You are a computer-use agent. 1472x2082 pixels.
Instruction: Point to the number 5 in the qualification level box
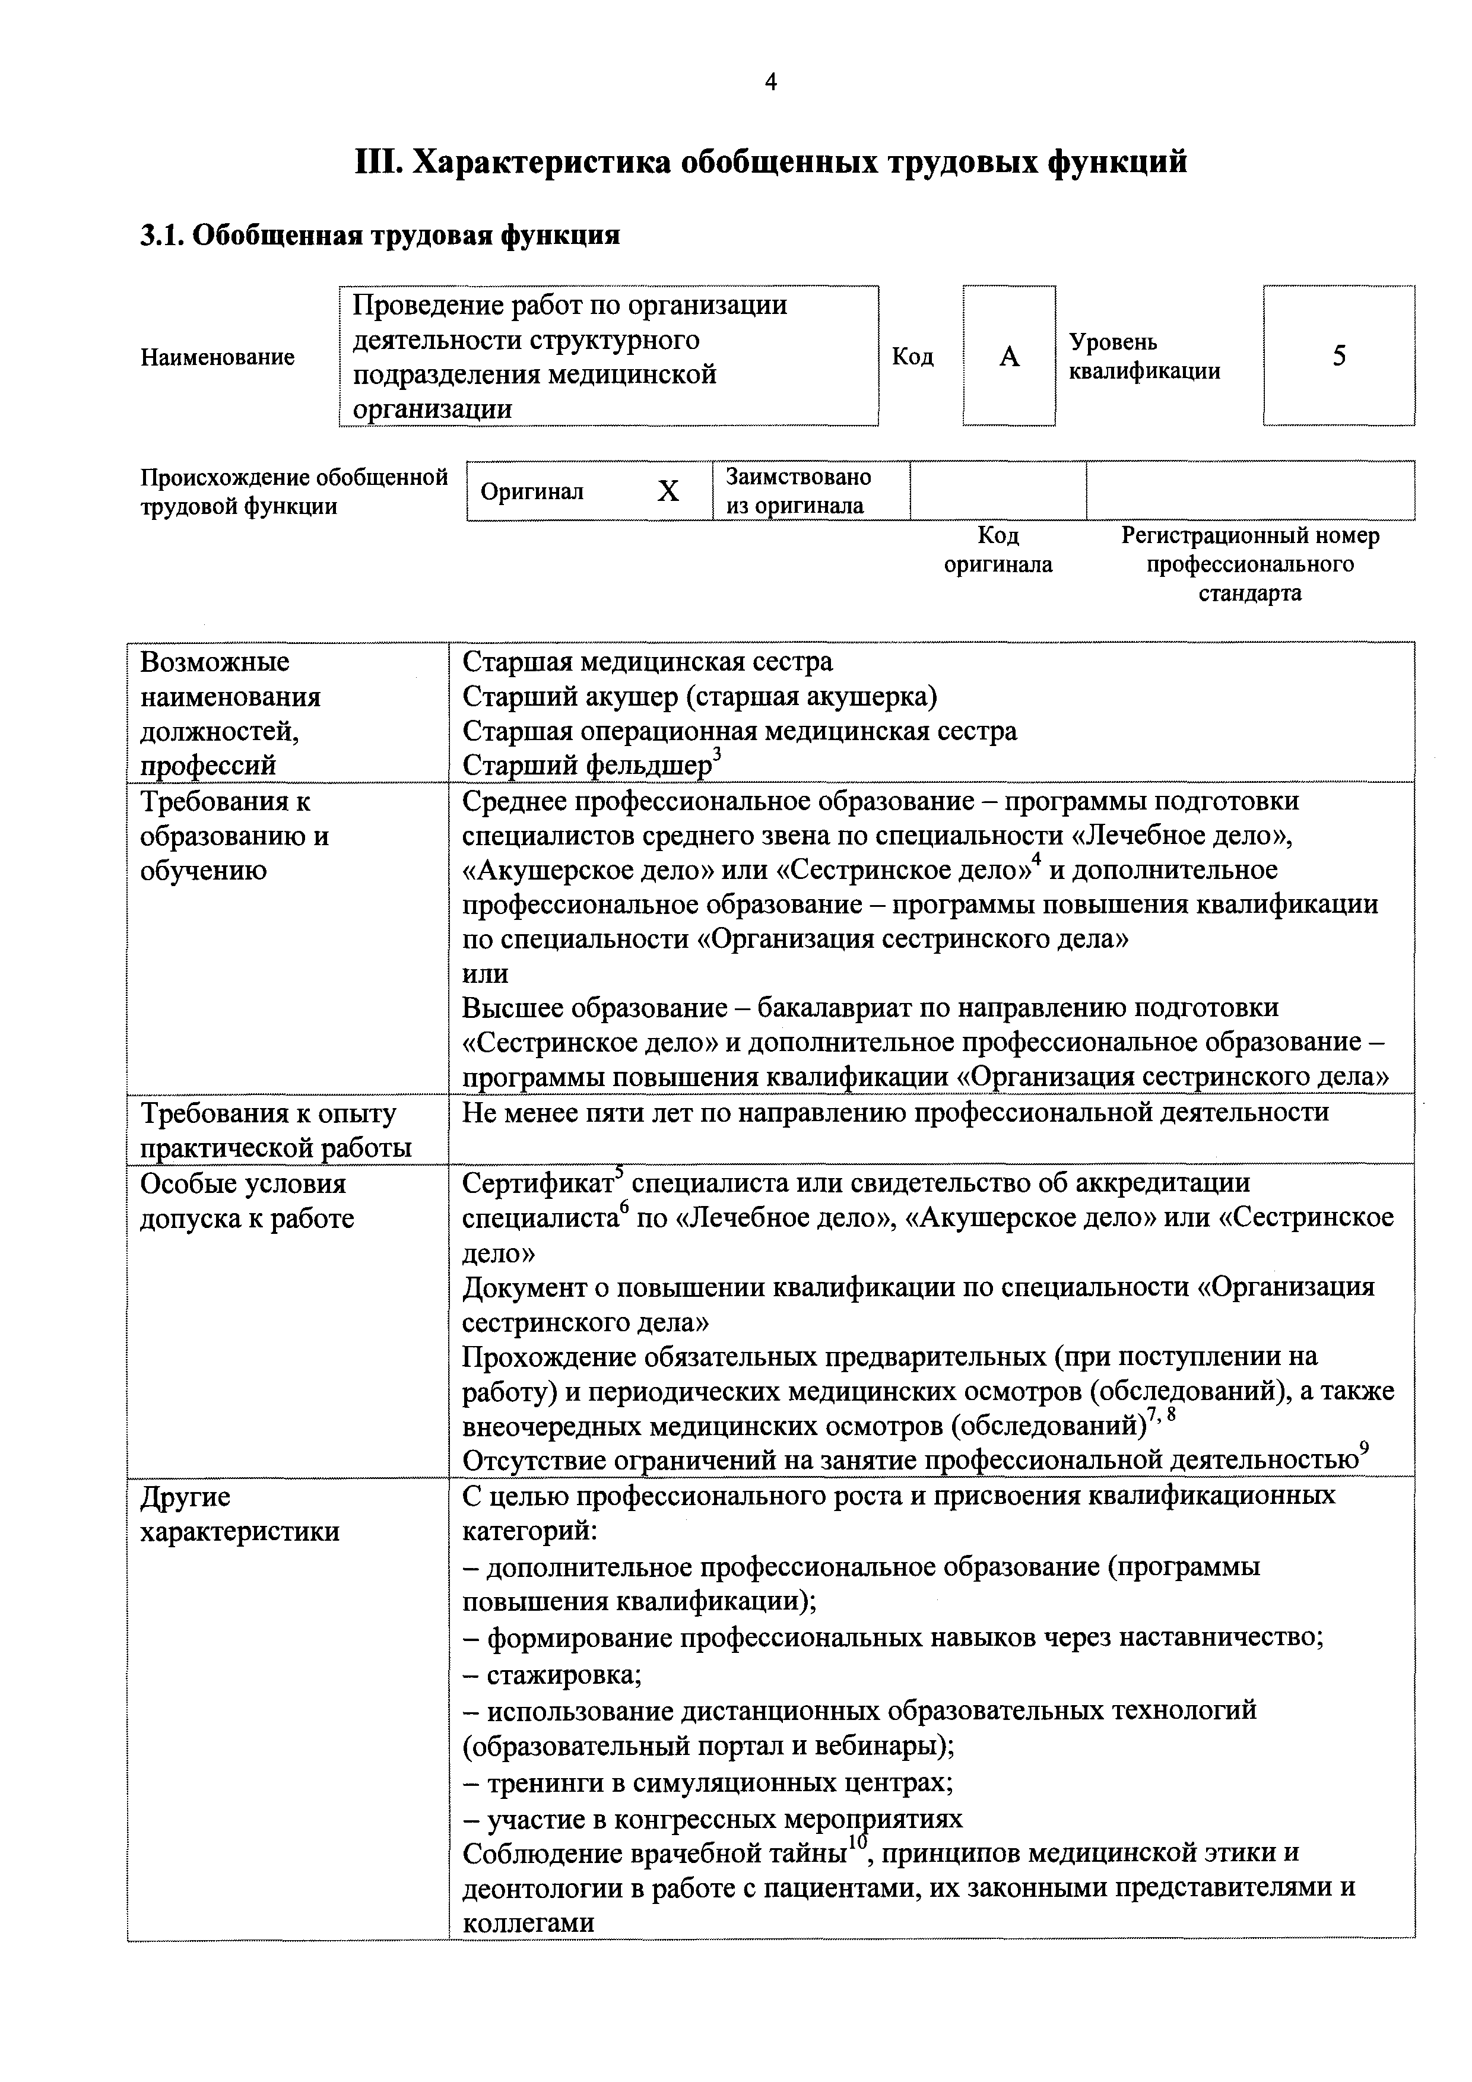point(1338,356)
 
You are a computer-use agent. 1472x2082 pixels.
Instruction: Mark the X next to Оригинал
point(668,491)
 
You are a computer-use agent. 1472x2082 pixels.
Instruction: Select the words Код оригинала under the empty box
point(998,550)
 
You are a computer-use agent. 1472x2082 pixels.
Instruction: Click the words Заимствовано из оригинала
point(798,491)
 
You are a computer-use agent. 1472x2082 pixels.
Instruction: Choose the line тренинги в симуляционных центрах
point(708,1782)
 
